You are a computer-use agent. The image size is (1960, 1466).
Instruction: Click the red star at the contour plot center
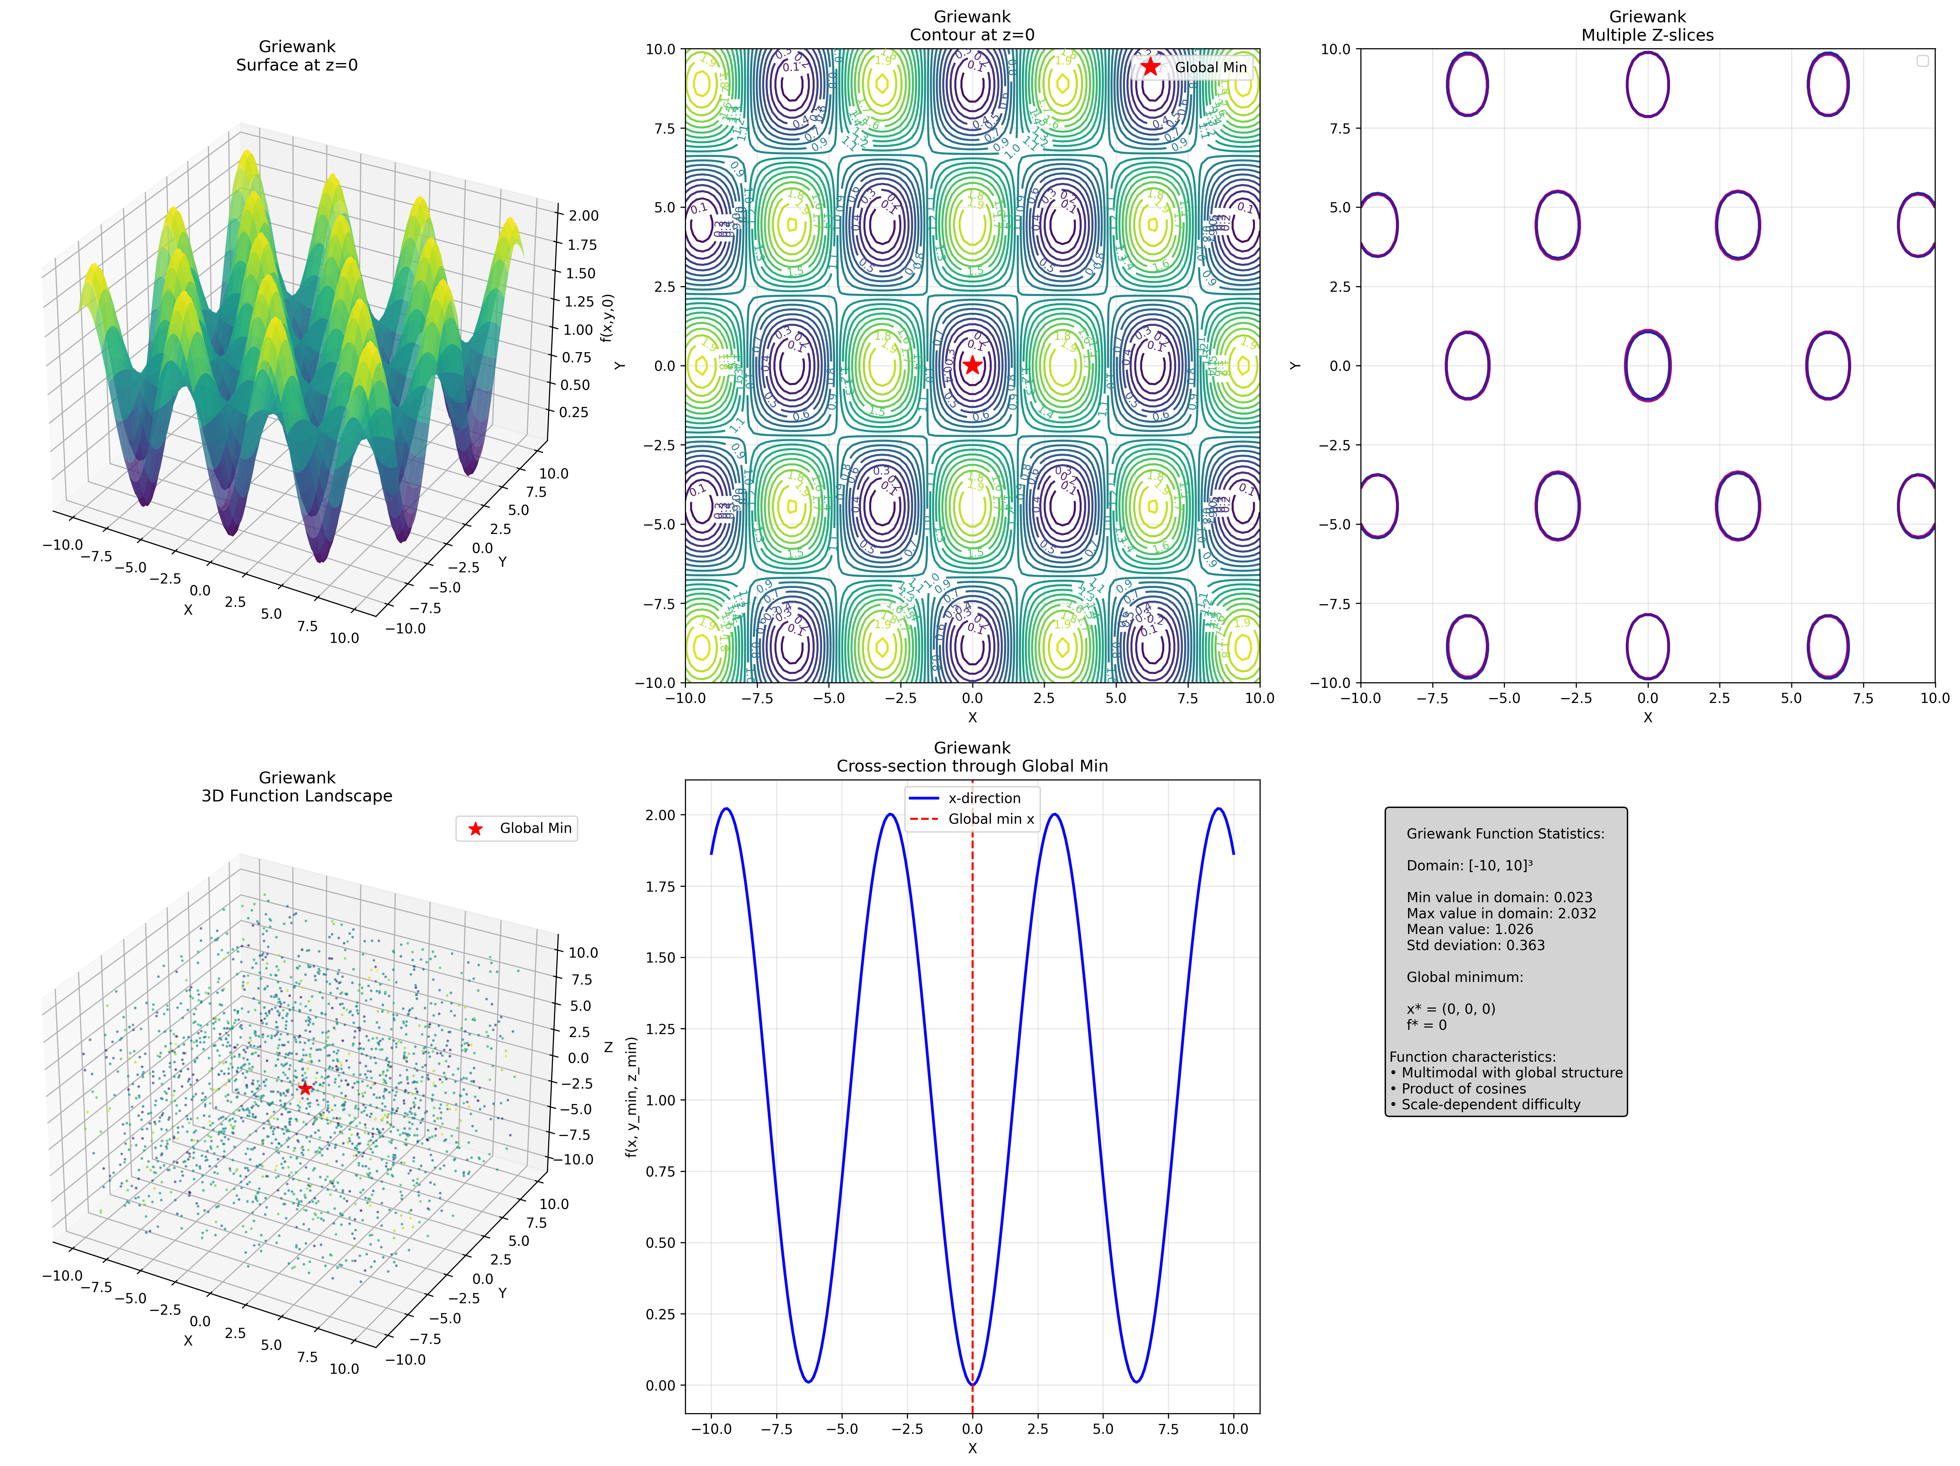[972, 365]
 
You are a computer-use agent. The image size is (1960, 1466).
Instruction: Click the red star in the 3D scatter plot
[305, 1088]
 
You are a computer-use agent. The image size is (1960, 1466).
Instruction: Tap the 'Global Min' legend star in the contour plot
[1150, 67]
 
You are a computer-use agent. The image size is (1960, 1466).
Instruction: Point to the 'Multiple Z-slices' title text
[1647, 35]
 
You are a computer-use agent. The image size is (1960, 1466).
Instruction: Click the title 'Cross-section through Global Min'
[972, 766]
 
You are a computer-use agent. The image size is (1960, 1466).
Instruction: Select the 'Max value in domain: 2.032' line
[1501, 913]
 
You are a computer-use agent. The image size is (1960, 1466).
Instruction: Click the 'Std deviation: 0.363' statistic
[1475, 945]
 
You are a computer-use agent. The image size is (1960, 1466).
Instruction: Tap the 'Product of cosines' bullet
[1463, 1089]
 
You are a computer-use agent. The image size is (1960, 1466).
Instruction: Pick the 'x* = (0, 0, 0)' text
[1450, 1009]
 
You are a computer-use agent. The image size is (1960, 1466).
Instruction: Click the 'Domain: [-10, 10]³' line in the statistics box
[1469, 865]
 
